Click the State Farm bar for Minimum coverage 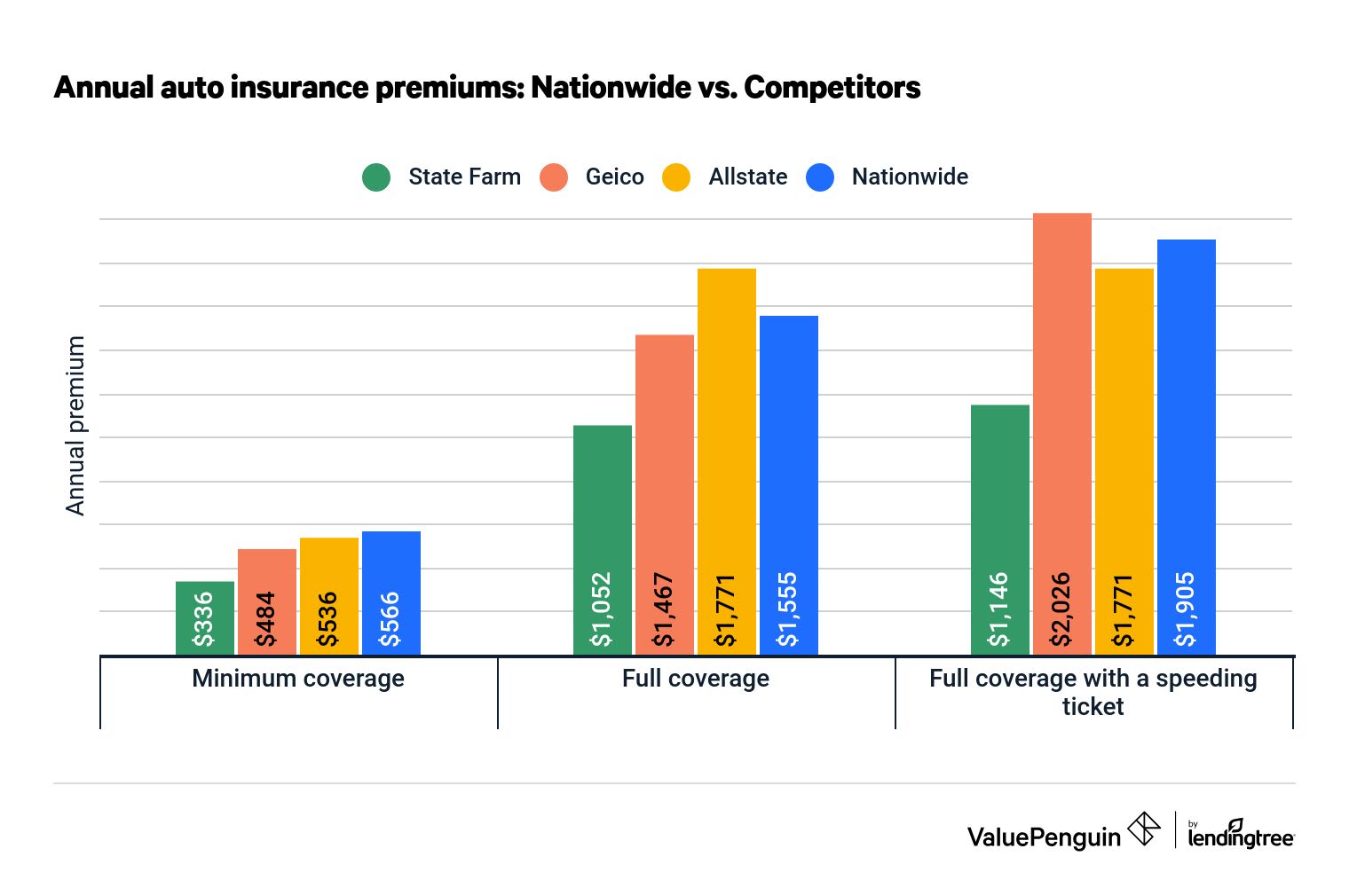[x=205, y=617]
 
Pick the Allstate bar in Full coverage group [x=727, y=461]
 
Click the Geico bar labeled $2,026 [x=1062, y=434]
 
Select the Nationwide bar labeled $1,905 [x=1187, y=447]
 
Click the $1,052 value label [x=603, y=609]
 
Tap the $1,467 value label [x=665, y=609]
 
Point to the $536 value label [x=329, y=619]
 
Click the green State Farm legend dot [x=376, y=177]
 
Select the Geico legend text [x=614, y=177]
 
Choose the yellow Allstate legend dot [x=676, y=177]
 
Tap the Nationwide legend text [x=910, y=177]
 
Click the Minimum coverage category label [x=298, y=679]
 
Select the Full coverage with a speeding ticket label [x=1093, y=692]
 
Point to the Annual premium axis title [x=76, y=426]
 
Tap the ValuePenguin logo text [x=1044, y=837]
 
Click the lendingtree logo [x=1241, y=834]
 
